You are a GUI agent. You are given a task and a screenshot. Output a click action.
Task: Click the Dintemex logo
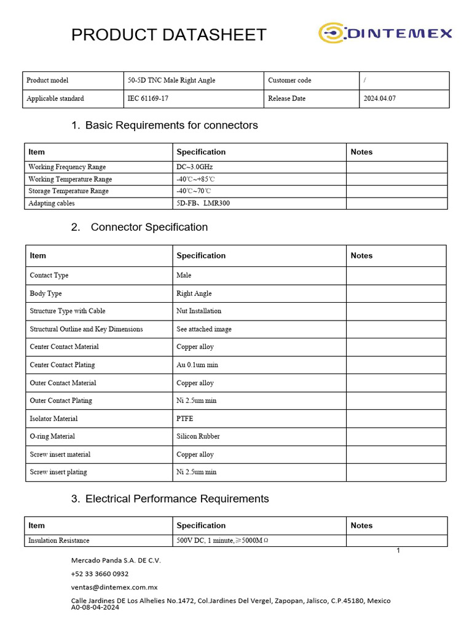(385, 33)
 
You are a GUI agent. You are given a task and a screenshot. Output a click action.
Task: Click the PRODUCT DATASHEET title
(169, 35)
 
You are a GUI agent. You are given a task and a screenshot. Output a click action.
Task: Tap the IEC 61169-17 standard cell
(148, 98)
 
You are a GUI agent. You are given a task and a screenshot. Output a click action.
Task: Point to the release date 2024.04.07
(380, 98)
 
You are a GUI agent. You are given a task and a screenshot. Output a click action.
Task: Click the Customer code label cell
(289, 81)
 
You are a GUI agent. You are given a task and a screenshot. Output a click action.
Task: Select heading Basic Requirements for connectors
(171, 126)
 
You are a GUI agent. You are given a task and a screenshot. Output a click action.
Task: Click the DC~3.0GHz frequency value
(195, 167)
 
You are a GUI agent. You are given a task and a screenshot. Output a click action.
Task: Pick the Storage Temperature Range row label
(68, 191)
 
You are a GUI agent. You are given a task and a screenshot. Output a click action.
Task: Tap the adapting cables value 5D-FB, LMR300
(203, 203)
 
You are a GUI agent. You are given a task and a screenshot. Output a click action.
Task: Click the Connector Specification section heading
(149, 227)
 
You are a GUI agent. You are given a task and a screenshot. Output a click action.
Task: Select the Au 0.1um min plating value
(197, 365)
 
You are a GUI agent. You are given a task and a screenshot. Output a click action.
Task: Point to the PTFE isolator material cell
(185, 419)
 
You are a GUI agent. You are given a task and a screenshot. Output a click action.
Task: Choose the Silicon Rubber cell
(198, 437)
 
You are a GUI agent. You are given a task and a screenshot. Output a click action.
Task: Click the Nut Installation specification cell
(199, 311)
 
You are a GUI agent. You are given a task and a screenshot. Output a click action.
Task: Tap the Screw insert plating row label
(58, 472)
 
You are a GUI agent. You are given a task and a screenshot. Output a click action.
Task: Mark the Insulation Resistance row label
(59, 541)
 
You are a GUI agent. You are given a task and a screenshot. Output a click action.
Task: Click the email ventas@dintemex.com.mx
(114, 587)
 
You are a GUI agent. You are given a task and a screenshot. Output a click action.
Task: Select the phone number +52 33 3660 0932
(100, 573)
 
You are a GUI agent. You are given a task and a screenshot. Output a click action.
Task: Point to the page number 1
(398, 550)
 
